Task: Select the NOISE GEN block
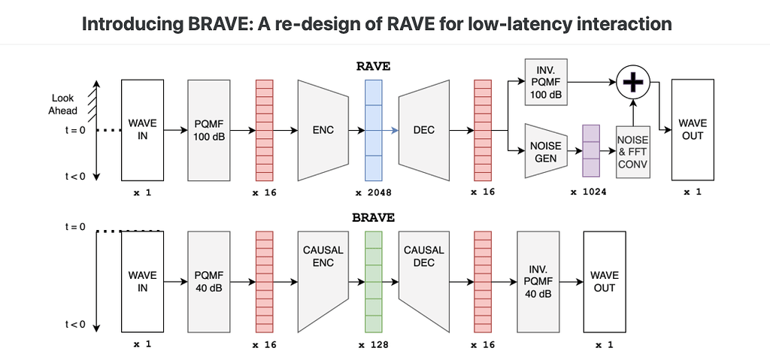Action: [546, 151]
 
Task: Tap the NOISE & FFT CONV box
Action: [632, 151]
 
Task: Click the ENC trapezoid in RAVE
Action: [323, 130]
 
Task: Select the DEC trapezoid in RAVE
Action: [424, 130]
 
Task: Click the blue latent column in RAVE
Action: [374, 130]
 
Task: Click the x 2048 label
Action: [374, 192]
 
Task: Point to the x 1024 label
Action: [589, 192]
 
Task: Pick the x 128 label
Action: [374, 344]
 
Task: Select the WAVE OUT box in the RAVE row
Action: [693, 130]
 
